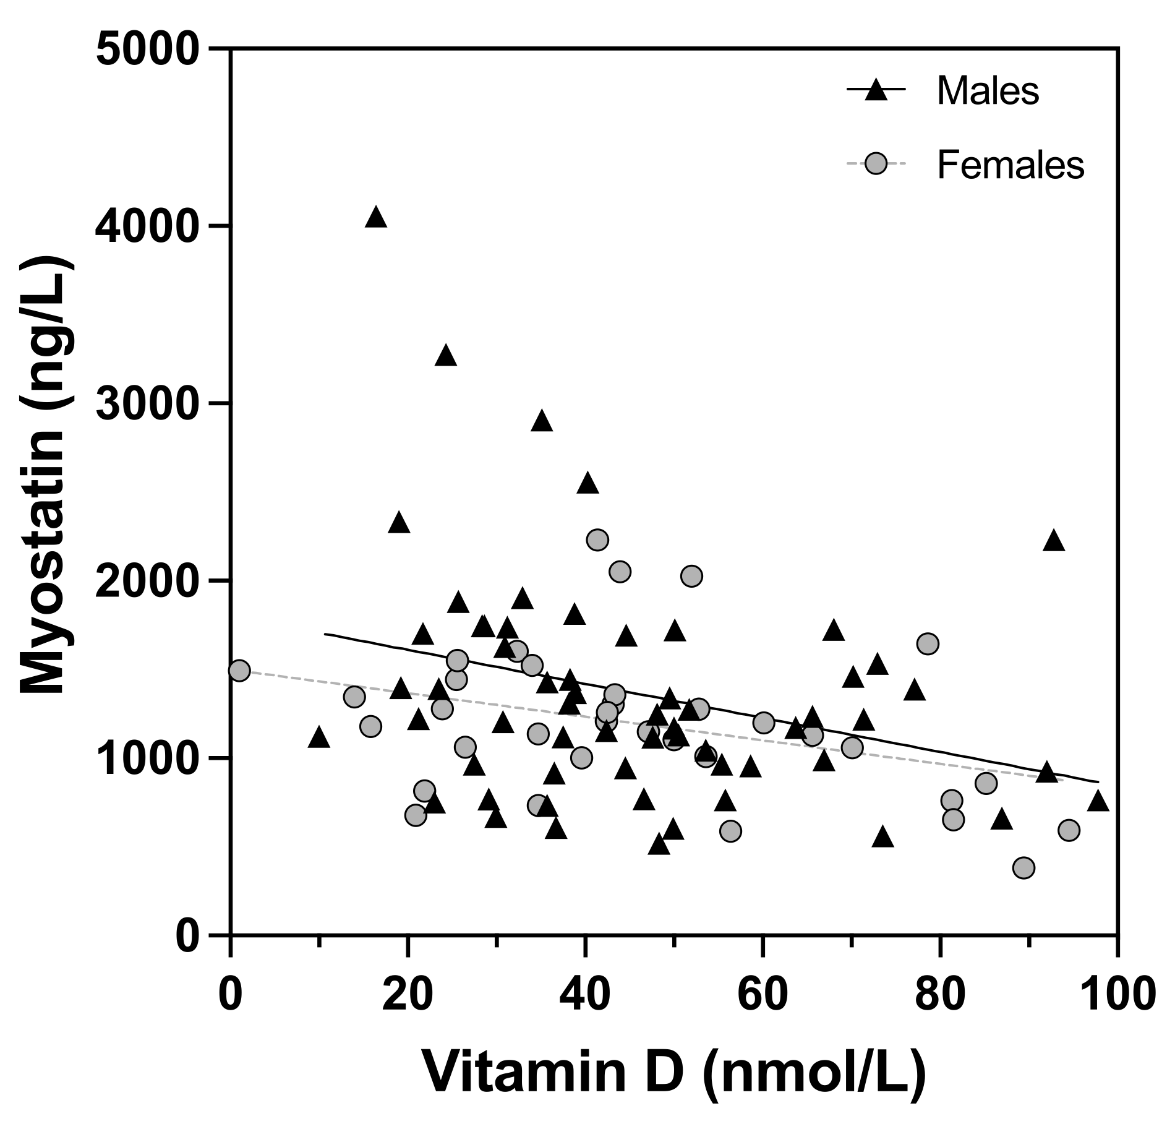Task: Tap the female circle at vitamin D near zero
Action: click(x=239, y=670)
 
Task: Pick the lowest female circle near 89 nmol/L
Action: click(x=1023, y=868)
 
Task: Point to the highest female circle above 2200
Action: click(x=597, y=539)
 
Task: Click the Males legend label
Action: click(x=988, y=91)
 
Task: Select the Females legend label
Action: click(x=1011, y=165)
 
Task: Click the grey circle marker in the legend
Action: click(x=876, y=165)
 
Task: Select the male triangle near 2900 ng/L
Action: click(x=542, y=421)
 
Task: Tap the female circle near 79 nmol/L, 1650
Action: click(x=928, y=643)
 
